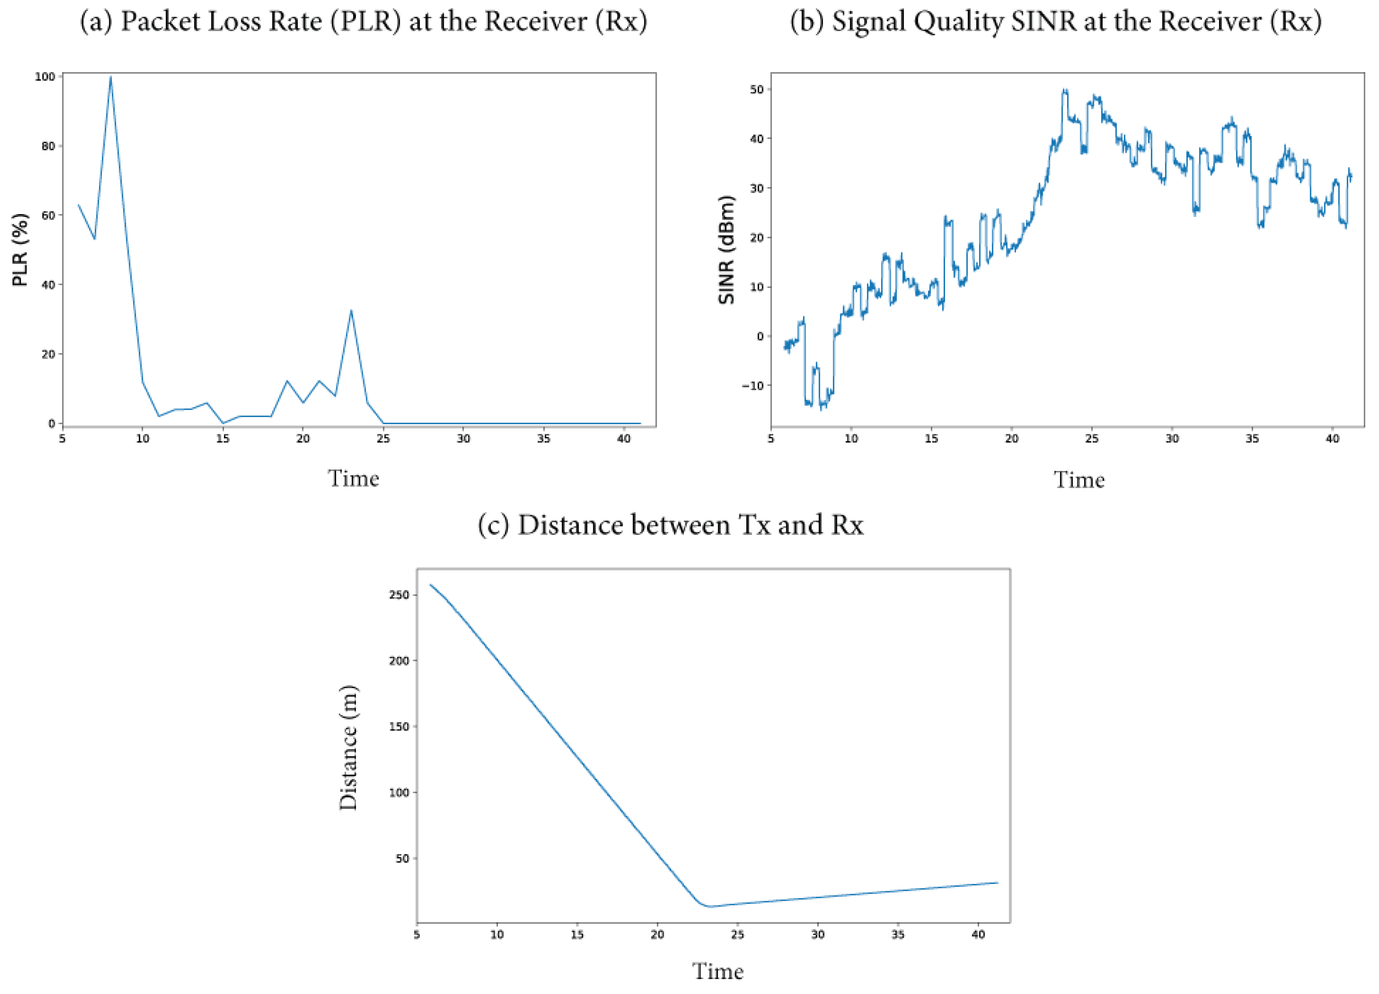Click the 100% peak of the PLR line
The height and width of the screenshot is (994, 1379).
pos(110,77)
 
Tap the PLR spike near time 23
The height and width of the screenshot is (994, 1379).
pos(351,311)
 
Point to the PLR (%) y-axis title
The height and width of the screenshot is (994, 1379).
pos(20,249)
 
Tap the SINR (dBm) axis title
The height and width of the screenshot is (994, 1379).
pos(726,249)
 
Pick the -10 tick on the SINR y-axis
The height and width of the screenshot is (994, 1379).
pos(752,386)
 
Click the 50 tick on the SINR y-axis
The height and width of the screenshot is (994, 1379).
pos(757,90)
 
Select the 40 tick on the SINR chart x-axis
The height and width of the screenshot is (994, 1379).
pos(1332,439)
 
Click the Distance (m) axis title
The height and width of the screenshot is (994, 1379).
pos(349,748)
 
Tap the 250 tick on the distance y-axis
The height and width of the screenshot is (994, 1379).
pos(399,595)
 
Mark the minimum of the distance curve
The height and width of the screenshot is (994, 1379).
pos(708,907)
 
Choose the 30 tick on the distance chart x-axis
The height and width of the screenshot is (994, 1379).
pos(818,935)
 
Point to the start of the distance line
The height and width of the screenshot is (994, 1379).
pos(431,585)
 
